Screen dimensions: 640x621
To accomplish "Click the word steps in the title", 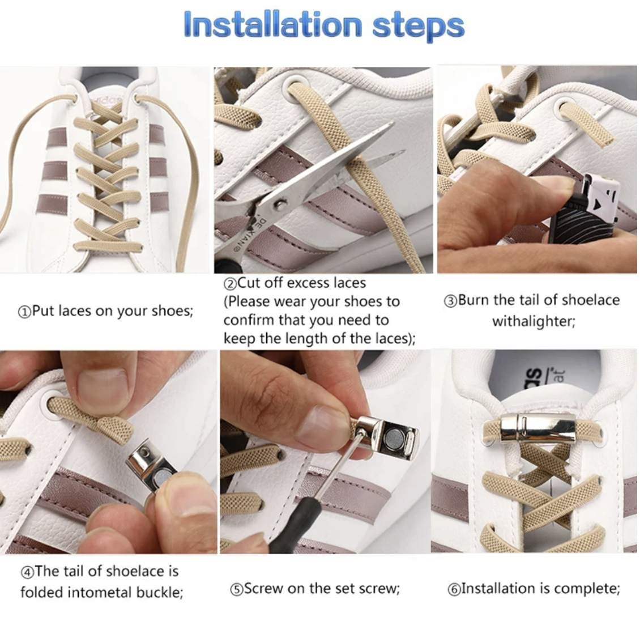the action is [x=419, y=27].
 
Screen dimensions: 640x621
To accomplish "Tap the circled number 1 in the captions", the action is [x=24, y=312].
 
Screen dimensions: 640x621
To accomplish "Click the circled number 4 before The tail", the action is [x=27, y=572].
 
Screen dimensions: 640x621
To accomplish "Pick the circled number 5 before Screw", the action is [x=237, y=590].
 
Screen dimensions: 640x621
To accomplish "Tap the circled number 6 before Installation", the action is [x=454, y=590].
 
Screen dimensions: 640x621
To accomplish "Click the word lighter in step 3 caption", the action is [x=551, y=322].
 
